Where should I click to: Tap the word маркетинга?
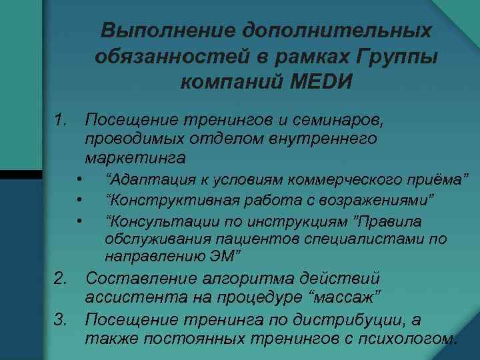(x=135, y=159)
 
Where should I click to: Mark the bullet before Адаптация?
(x=79, y=179)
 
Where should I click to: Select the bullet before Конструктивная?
(x=79, y=200)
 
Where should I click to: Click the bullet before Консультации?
(x=79, y=221)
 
